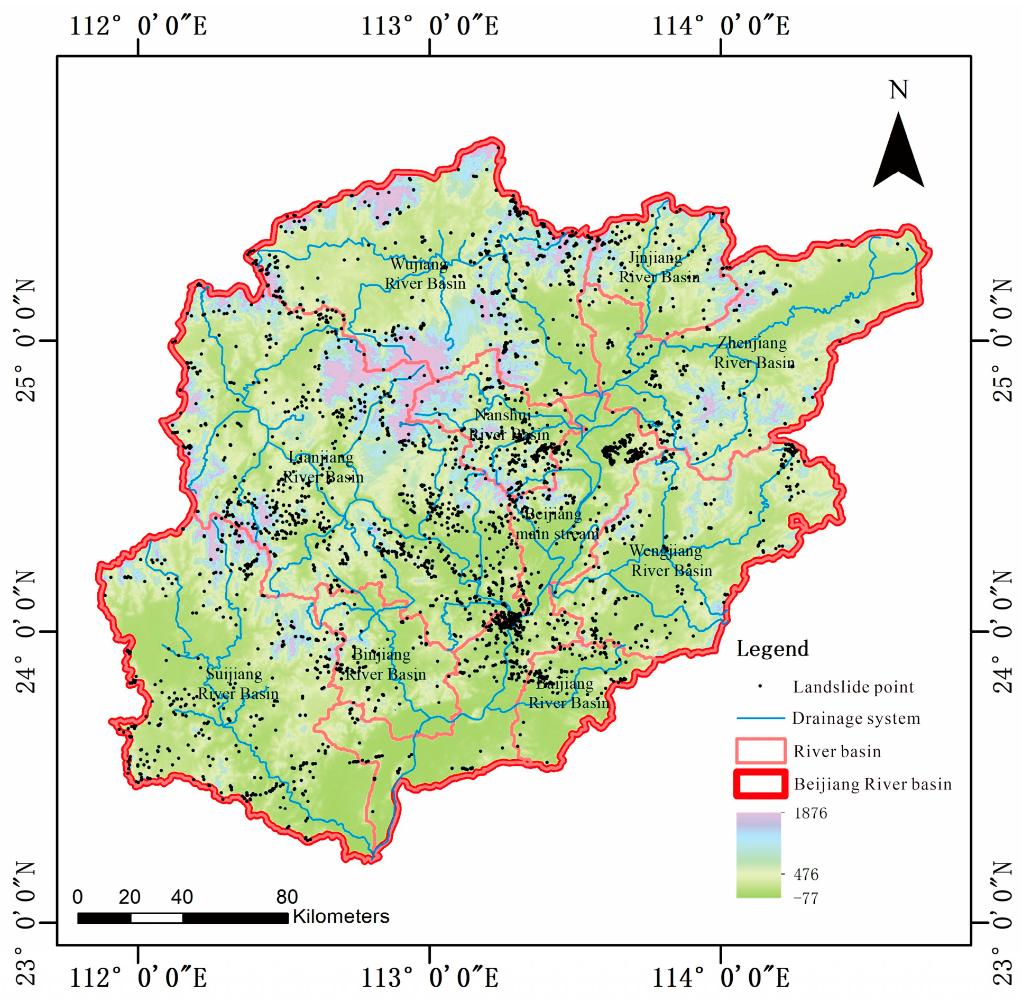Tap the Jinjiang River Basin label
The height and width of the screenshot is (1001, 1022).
[658, 267]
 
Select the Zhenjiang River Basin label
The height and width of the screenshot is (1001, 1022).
[753, 353]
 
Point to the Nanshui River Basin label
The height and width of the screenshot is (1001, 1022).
[508, 425]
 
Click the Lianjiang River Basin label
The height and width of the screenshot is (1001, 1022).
[323, 467]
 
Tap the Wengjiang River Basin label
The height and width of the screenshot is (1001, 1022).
[670, 561]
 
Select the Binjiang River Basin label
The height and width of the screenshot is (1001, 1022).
[384, 664]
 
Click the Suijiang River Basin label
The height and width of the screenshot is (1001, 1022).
[237, 684]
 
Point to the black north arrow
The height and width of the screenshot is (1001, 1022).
[897, 153]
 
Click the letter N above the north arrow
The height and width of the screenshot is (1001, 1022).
[898, 90]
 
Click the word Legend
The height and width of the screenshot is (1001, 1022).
[772, 649]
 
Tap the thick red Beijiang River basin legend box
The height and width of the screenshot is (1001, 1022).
[760, 784]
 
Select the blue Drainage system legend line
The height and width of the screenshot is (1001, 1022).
[760, 718]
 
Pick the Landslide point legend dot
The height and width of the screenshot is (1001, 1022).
[760, 687]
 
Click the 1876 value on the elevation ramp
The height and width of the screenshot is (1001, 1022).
[810, 813]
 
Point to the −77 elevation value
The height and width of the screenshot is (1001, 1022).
[805, 898]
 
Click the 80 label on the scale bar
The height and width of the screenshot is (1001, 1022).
[287, 897]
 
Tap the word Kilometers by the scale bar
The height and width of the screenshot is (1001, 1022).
[340, 916]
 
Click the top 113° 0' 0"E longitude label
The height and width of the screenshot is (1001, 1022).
[429, 26]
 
